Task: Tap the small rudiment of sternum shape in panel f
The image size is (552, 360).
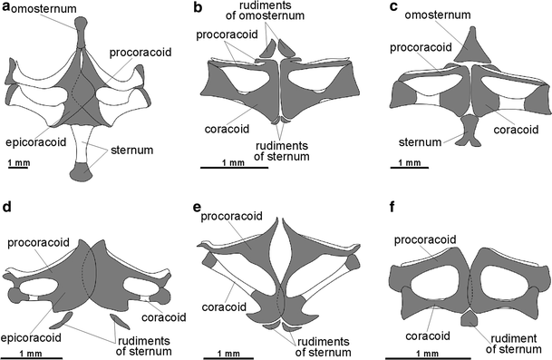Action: pos(470,317)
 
